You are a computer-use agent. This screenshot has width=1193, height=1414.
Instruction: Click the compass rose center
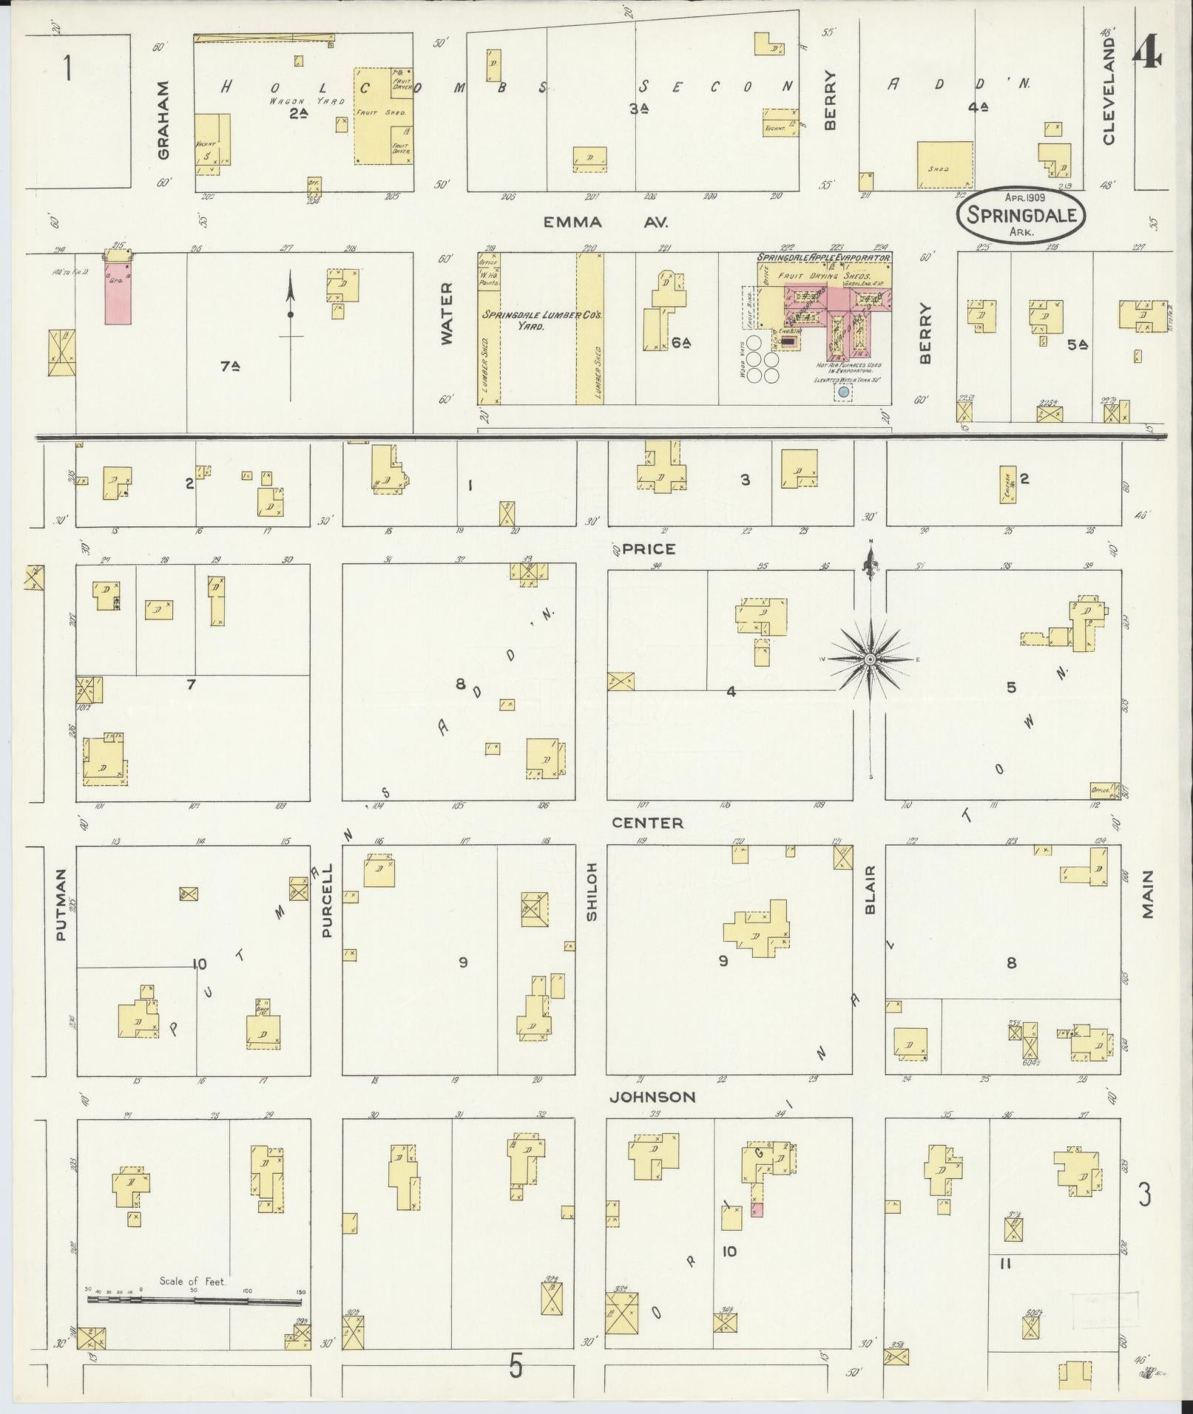tap(871, 659)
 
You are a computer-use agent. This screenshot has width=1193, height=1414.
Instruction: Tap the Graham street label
tap(163, 120)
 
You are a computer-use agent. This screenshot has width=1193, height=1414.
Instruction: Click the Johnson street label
tap(652, 1097)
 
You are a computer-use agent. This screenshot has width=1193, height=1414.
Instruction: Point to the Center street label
tap(647, 823)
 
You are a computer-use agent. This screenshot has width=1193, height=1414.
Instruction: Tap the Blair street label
tap(870, 890)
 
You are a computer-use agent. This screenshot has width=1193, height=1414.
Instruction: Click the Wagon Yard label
tap(296, 101)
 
